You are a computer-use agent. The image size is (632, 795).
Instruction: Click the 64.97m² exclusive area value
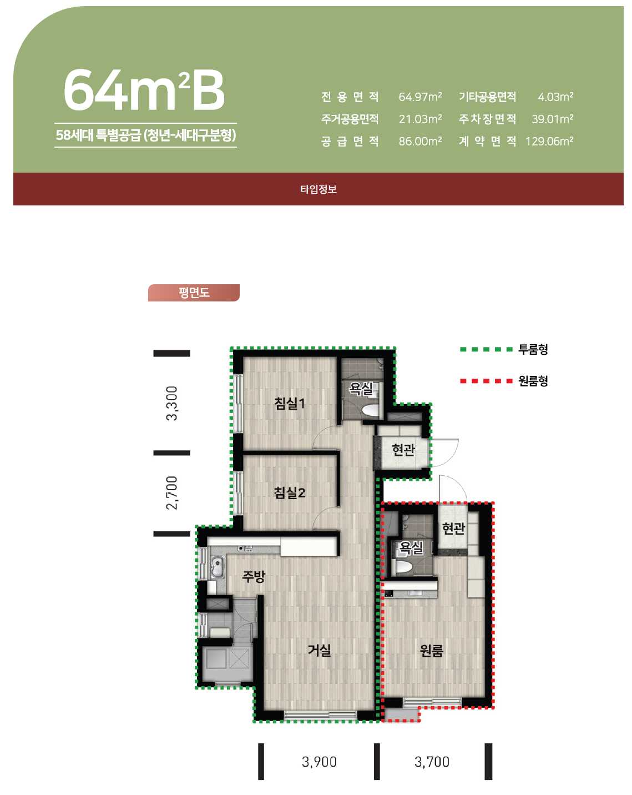[x=420, y=97]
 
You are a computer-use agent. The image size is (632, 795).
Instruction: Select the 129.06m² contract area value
[x=549, y=141]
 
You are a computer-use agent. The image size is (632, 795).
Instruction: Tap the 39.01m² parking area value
[x=552, y=119]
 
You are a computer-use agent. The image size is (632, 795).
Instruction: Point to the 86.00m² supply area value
[x=420, y=141]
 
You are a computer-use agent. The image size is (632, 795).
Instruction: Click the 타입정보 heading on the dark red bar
[x=318, y=189]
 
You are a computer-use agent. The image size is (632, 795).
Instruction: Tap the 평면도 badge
[x=194, y=293]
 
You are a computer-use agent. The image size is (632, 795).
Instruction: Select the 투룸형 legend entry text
[x=533, y=349]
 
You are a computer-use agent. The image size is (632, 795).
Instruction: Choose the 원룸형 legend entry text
[x=533, y=380]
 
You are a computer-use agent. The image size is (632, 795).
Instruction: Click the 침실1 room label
[x=290, y=403]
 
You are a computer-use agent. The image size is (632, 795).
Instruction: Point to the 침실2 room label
[x=290, y=492]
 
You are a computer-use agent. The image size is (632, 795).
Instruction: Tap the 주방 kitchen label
[x=254, y=576]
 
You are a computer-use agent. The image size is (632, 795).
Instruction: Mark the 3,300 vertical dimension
[x=172, y=403]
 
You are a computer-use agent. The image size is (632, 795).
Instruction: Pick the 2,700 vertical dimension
[x=172, y=493]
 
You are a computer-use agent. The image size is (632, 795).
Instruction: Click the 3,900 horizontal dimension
[x=319, y=762]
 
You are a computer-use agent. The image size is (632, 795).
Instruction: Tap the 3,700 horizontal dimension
[x=432, y=762]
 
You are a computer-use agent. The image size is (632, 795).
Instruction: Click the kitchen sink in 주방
[x=218, y=568]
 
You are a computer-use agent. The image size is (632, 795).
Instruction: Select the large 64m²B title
[x=144, y=90]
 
